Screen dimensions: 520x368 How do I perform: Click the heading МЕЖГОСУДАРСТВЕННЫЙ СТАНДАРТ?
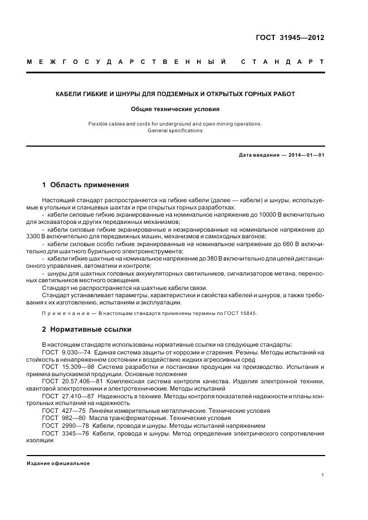[x=175, y=62]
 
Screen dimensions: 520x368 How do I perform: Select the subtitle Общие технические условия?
[x=175, y=109]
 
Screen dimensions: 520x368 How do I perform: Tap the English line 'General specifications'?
[x=175, y=131]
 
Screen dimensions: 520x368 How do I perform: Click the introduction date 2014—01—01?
[x=302, y=155]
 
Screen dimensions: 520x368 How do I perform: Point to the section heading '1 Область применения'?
[x=86, y=184]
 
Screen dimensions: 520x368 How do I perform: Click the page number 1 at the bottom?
[x=323, y=476]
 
